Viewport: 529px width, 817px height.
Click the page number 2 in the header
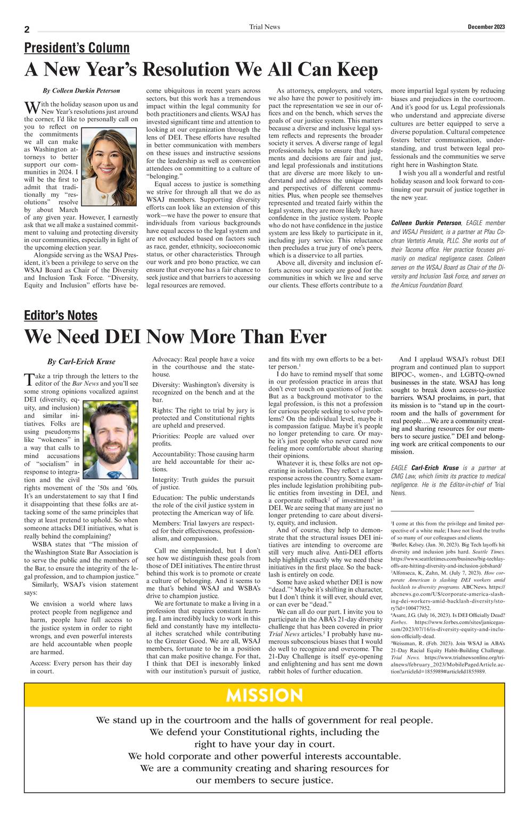tap(27, 30)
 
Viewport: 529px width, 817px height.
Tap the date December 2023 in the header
tap(486, 27)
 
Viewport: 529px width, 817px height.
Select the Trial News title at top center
tap(264, 27)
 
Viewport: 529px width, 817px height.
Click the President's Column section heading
tap(77, 48)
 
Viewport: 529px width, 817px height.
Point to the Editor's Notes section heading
tap(61, 315)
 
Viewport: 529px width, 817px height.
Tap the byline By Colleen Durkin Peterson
tap(81, 91)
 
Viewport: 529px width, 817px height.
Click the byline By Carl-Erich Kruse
tap(81, 362)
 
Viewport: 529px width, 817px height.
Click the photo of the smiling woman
tap(109, 168)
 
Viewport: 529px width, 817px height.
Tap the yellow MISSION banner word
tap(264, 695)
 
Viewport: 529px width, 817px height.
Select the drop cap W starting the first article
tap(31, 108)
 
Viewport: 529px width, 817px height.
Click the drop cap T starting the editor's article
tap(29, 380)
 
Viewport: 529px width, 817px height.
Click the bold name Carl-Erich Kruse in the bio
tap(435, 468)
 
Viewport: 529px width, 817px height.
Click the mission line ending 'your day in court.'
tap(264, 744)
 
